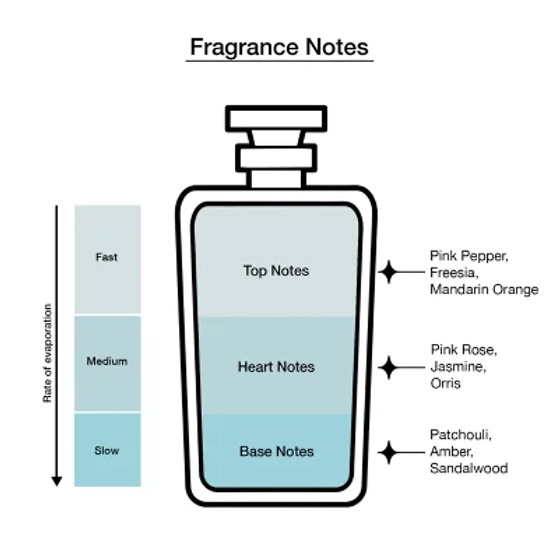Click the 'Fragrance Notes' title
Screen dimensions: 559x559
(x=279, y=47)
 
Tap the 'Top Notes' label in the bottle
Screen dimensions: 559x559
(x=276, y=270)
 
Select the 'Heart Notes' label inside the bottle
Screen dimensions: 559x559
(x=276, y=367)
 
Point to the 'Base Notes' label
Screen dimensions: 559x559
(x=277, y=451)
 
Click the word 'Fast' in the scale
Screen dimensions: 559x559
(x=107, y=257)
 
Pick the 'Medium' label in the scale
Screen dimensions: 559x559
(x=107, y=361)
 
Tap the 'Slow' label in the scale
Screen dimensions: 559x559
(x=107, y=451)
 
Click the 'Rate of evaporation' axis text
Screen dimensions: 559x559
(x=48, y=353)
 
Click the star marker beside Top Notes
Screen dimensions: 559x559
(x=389, y=272)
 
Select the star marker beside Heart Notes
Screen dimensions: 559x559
(x=389, y=368)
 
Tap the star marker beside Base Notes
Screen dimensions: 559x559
(x=389, y=452)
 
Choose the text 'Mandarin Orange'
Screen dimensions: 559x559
(x=484, y=289)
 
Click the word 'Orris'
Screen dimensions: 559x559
(x=446, y=383)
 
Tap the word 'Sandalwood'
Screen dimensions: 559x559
(x=469, y=468)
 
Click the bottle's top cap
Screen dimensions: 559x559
(x=276, y=118)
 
